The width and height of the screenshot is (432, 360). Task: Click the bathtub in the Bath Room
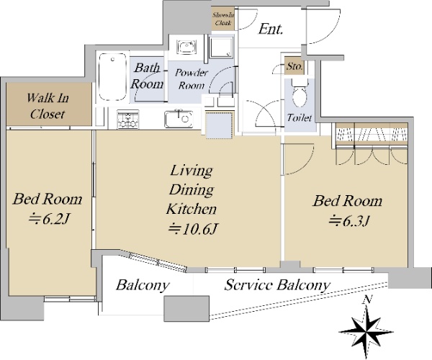pyautogui.click(x=112, y=77)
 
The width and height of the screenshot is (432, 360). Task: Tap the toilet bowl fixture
pyautogui.click(x=300, y=93)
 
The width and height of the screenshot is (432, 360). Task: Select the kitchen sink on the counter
pyautogui.click(x=179, y=119)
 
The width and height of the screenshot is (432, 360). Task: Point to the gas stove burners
pyautogui.click(x=128, y=120)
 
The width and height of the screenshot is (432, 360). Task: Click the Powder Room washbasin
pyautogui.click(x=186, y=47)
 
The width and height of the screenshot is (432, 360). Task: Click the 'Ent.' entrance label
pyautogui.click(x=271, y=29)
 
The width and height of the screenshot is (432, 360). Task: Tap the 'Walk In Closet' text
pyautogui.click(x=48, y=106)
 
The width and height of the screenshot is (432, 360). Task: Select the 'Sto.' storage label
pyautogui.click(x=294, y=66)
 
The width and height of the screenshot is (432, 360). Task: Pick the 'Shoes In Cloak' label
pyautogui.click(x=223, y=19)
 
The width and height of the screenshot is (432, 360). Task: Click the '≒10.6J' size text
pyautogui.click(x=193, y=229)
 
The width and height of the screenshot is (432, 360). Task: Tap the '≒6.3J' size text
pyautogui.click(x=348, y=221)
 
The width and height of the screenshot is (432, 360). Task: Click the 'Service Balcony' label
pyautogui.click(x=277, y=285)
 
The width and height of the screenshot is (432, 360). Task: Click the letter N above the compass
pyautogui.click(x=367, y=300)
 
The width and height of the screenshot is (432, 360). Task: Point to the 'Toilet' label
pyautogui.click(x=300, y=118)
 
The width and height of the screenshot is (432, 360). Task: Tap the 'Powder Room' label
pyautogui.click(x=192, y=79)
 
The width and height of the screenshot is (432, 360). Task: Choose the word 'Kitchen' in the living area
pyautogui.click(x=192, y=209)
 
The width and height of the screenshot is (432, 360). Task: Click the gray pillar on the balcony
pyautogui.click(x=186, y=308)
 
